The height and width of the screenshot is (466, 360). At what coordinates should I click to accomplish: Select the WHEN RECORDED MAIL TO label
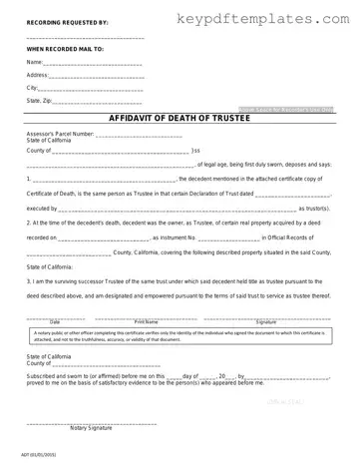[65, 48]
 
